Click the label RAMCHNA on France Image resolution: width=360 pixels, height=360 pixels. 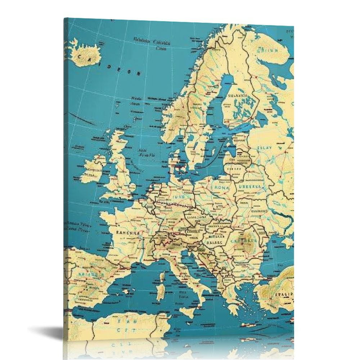pos(127,233)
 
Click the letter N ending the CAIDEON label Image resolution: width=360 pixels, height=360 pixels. pos(139,74)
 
